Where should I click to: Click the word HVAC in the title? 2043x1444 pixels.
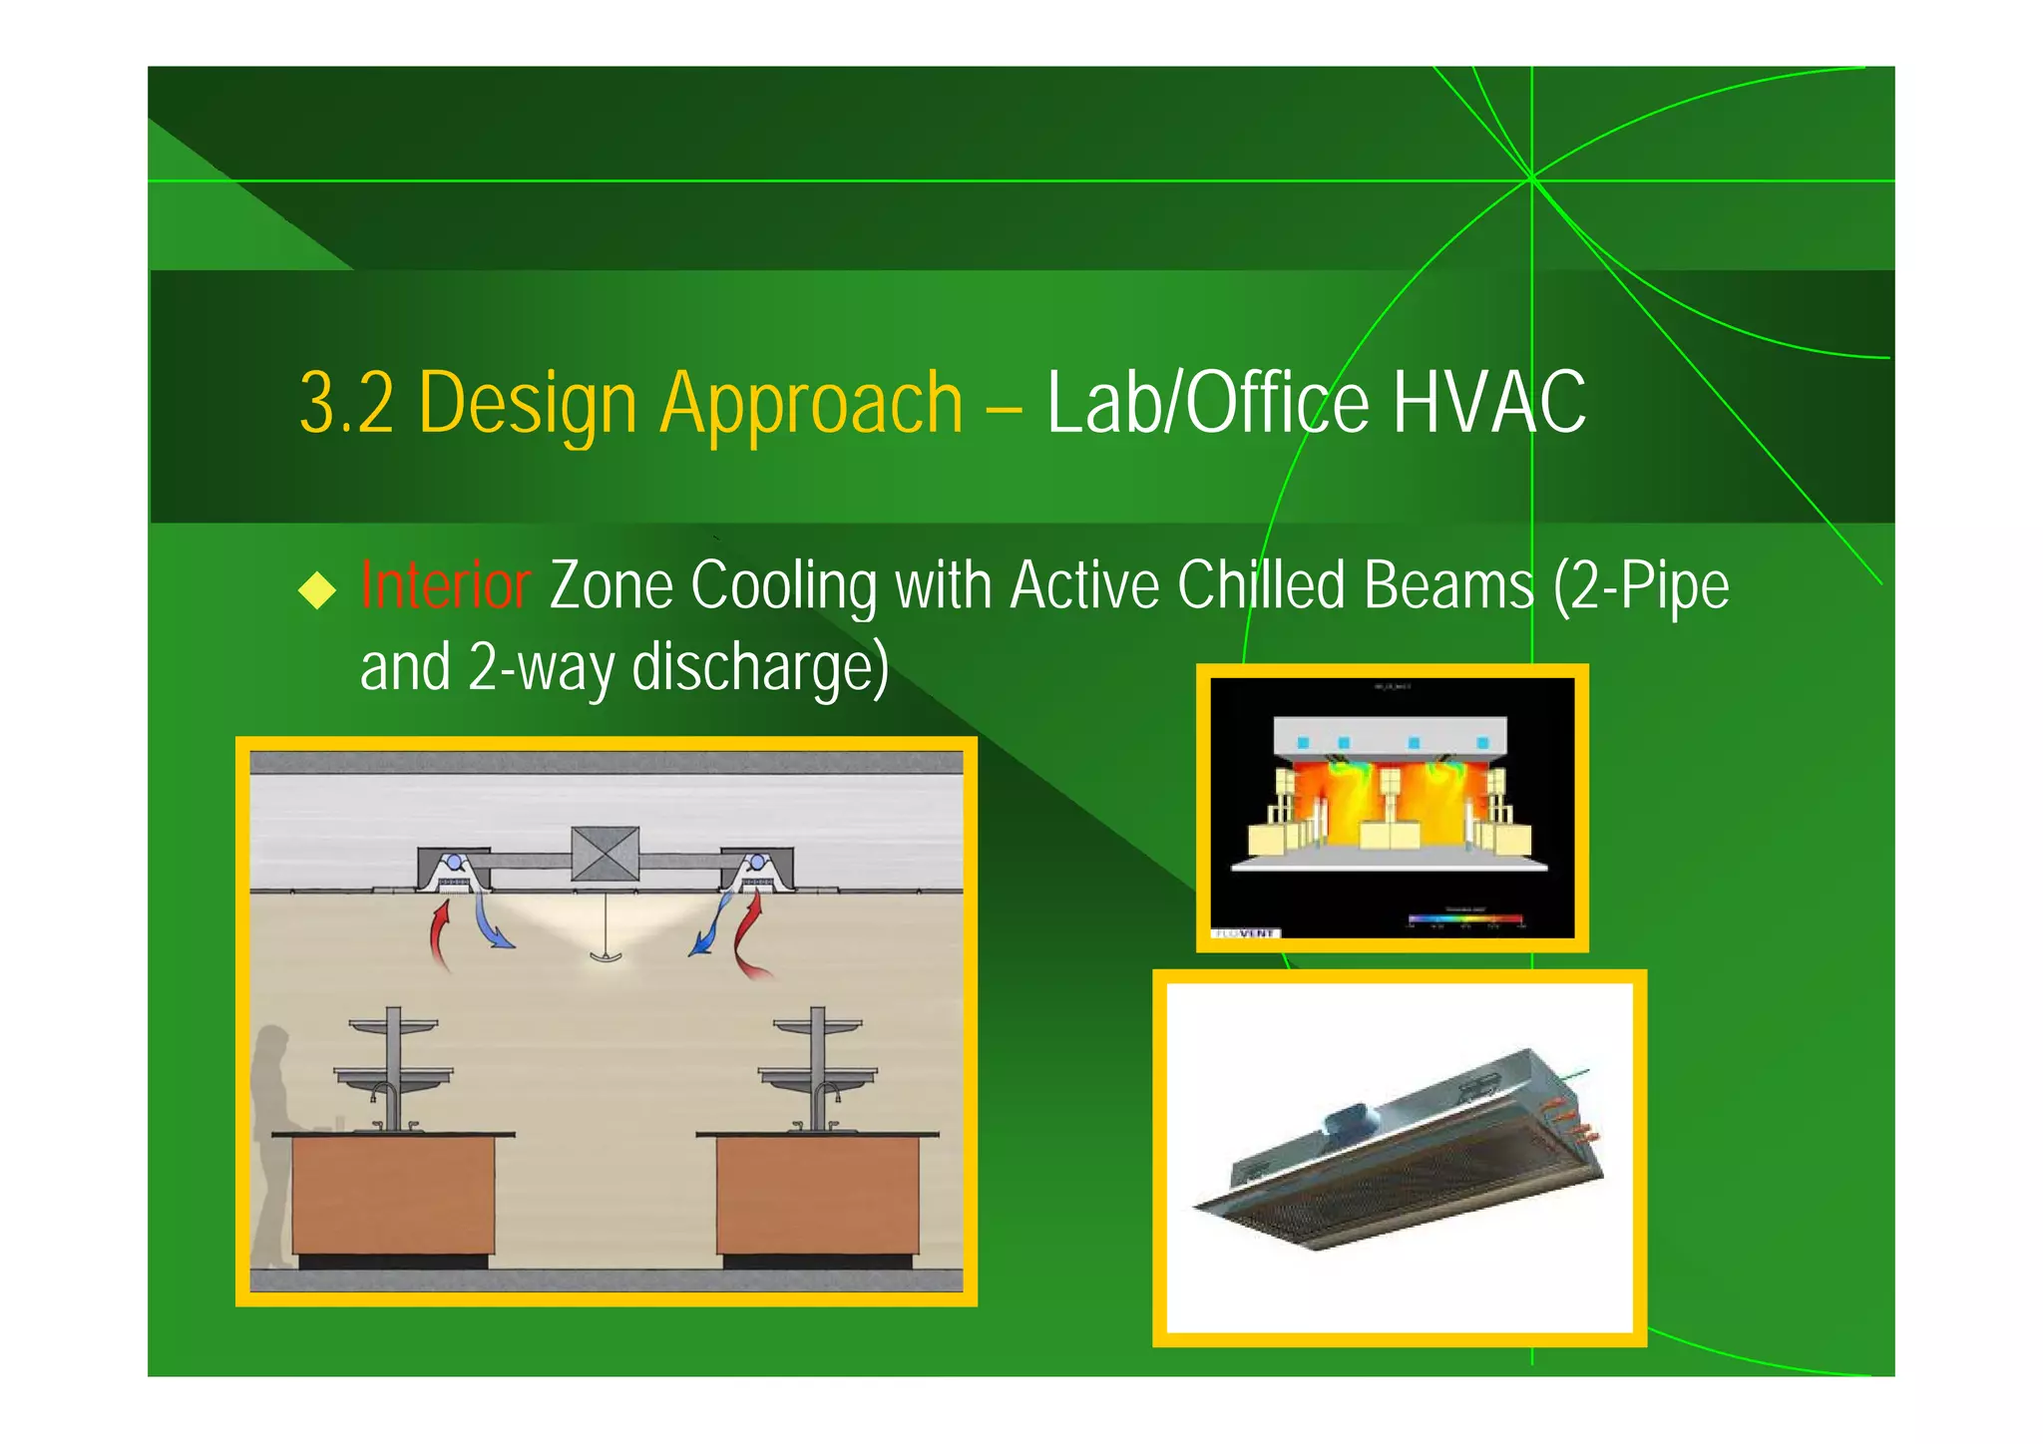1488,403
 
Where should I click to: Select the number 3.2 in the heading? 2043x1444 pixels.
346,403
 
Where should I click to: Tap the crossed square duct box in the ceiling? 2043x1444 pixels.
605,854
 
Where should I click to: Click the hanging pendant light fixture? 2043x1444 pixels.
606,952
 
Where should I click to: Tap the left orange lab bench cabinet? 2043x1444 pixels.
393,1195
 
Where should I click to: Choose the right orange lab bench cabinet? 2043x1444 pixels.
817,1195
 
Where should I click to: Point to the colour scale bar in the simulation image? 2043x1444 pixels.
1464,918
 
